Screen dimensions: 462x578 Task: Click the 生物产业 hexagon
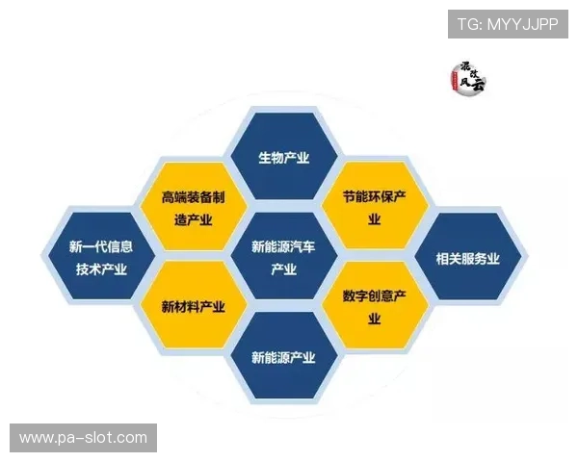coord(283,158)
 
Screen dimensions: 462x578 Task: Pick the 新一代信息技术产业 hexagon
coord(101,258)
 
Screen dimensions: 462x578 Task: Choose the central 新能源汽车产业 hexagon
coord(283,258)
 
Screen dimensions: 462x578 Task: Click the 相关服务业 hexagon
coord(467,258)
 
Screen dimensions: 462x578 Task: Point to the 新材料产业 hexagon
coord(194,307)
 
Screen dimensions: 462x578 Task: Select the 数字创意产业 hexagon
coord(375,307)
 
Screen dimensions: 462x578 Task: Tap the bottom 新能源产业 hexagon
coord(283,357)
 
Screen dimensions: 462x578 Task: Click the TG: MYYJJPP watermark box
coord(509,23)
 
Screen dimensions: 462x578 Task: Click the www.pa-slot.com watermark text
coord(84,439)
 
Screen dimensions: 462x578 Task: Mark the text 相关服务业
coord(467,258)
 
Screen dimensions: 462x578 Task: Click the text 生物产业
coord(283,158)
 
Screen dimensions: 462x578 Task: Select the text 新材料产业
coord(194,307)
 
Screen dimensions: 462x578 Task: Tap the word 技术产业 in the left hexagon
coord(101,269)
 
